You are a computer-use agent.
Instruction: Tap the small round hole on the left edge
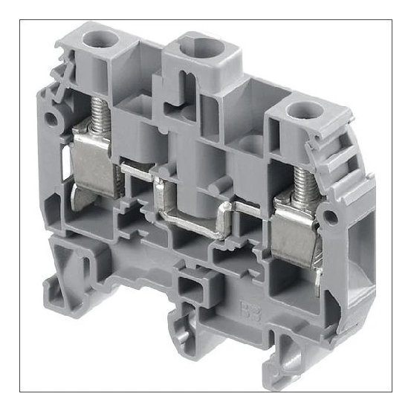[x=51, y=118]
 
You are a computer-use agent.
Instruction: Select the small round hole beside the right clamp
[x=328, y=216]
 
